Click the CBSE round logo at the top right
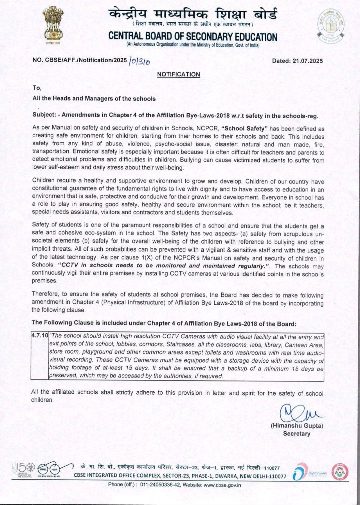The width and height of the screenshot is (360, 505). coord(330,26)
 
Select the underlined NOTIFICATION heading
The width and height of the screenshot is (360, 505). coord(178,74)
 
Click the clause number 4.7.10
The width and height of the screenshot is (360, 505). coord(40,335)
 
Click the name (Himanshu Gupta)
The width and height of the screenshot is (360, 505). coord(297,426)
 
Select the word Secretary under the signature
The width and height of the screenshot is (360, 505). coord(297,434)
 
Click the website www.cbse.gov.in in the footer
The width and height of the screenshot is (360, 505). coord(222,485)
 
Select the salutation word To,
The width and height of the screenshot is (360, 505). coord(37,88)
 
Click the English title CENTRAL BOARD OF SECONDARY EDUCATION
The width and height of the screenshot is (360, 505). coord(193,37)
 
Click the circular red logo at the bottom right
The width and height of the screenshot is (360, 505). coord(340,472)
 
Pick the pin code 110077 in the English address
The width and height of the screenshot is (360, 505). coord(276,476)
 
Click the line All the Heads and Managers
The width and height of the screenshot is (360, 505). coord(94,99)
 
